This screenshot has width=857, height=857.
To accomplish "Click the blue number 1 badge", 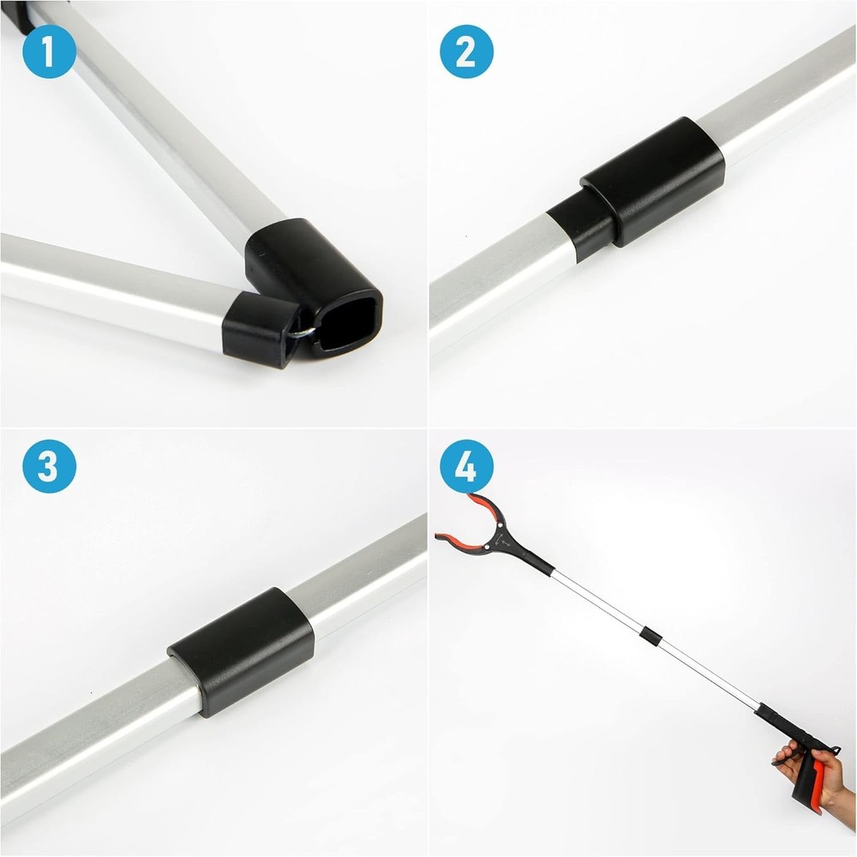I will pos(49,51).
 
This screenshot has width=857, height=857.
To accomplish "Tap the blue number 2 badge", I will pos(466,51).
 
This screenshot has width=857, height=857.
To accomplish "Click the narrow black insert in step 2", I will pos(579,225).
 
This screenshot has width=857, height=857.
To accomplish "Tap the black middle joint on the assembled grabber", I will pos(651,636).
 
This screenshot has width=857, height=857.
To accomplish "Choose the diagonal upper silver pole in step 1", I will pos(171,129).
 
